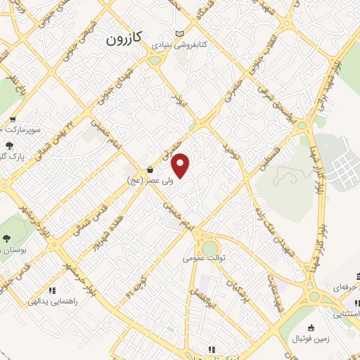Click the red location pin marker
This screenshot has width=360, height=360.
click(x=181, y=165)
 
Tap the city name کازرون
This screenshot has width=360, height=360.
click(x=124, y=39)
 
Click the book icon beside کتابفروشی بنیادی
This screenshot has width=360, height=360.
click(x=179, y=34)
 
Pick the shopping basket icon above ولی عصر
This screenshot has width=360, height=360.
click(x=150, y=169)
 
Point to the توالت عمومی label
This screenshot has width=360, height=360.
click(x=203, y=258)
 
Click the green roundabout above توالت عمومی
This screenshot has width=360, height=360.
click(x=210, y=247)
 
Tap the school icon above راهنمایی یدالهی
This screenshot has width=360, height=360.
click(x=51, y=290)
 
